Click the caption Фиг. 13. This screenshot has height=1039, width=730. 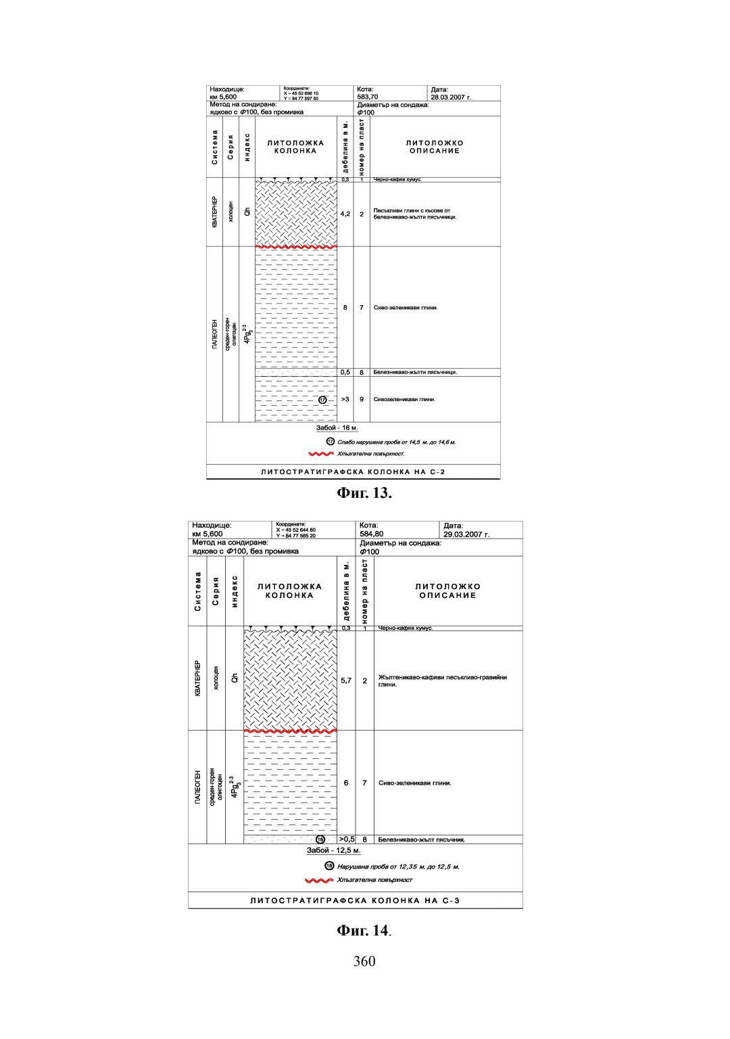coord(364,493)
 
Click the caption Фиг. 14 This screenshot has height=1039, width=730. coord(364,931)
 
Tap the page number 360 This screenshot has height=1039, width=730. coord(364,962)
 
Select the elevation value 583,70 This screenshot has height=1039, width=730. coord(368,97)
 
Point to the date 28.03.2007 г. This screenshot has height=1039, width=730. coord(451,97)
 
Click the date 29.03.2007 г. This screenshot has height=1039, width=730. coord(466,534)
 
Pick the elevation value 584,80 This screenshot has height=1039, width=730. coord(372,534)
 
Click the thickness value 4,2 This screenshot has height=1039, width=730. coord(345,214)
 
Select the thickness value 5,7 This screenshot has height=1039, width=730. coord(345,680)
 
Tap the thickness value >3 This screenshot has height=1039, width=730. coord(345,400)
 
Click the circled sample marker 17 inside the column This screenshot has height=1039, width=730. coord(322,400)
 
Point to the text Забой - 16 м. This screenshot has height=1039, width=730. coord(337,428)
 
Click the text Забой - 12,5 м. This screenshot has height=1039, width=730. coord(334,850)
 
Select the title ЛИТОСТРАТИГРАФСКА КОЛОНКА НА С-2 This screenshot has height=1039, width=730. coord(354,471)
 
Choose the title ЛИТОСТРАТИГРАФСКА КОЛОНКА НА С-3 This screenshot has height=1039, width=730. coord(355,900)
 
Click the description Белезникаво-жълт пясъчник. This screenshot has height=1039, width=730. coord(422,840)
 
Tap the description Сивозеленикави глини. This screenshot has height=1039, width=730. coord(404,400)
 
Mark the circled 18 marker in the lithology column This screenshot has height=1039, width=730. coord(320,839)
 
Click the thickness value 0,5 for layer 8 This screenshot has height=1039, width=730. coord(345,372)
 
